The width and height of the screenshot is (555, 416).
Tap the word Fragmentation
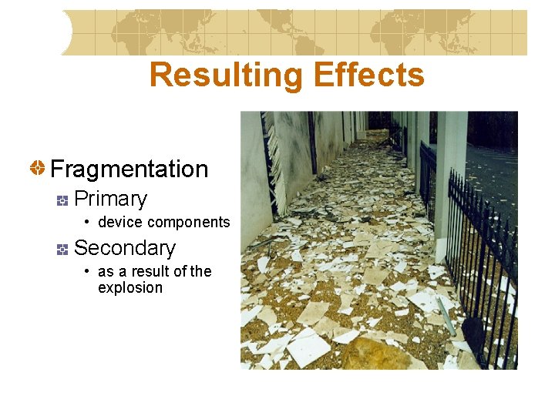click(129, 169)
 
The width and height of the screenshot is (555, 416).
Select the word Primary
click(110, 199)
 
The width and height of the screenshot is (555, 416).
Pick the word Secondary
click(124, 248)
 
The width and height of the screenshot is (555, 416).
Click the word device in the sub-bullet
click(121, 223)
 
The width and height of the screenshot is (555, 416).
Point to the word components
click(189, 223)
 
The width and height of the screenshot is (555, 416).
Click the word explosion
click(130, 288)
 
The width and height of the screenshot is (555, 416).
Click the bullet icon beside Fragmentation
click(37, 167)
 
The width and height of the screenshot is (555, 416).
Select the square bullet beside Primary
click(63, 200)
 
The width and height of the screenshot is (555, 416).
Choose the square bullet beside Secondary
click(63, 249)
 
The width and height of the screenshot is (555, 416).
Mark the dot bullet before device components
click(89, 223)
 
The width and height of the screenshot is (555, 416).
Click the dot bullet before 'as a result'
click(89, 271)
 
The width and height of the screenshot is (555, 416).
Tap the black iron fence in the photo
click(486, 254)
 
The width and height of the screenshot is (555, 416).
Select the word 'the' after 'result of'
click(200, 271)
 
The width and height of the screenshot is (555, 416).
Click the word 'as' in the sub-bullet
click(106, 271)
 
